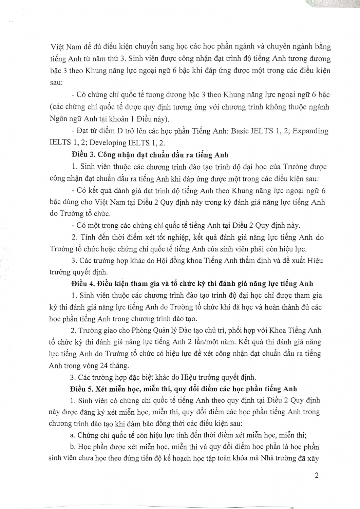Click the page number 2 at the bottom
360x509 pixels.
(317, 475)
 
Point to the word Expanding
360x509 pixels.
(310, 131)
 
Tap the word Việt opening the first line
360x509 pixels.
(57, 47)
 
